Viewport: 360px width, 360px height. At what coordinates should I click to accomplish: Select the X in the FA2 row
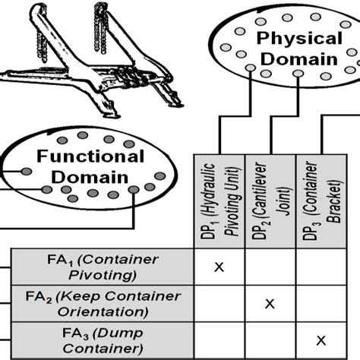click(x=269, y=303)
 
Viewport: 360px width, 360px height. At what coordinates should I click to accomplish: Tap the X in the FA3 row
click(x=321, y=339)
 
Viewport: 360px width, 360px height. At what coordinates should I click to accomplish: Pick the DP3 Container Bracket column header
click(x=321, y=203)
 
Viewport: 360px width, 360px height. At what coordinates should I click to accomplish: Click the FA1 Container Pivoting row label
click(x=102, y=267)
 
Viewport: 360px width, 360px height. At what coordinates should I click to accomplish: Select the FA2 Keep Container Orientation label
click(x=102, y=303)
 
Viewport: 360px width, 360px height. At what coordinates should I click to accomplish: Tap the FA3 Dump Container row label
click(x=102, y=339)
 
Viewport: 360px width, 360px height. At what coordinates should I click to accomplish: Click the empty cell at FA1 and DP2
click(x=269, y=267)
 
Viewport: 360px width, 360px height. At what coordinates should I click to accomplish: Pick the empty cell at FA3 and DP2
click(x=269, y=339)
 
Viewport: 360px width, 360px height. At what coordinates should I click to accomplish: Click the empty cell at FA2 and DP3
click(x=321, y=303)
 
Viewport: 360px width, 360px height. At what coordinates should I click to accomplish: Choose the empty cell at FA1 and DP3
click(x=321, y=267)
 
